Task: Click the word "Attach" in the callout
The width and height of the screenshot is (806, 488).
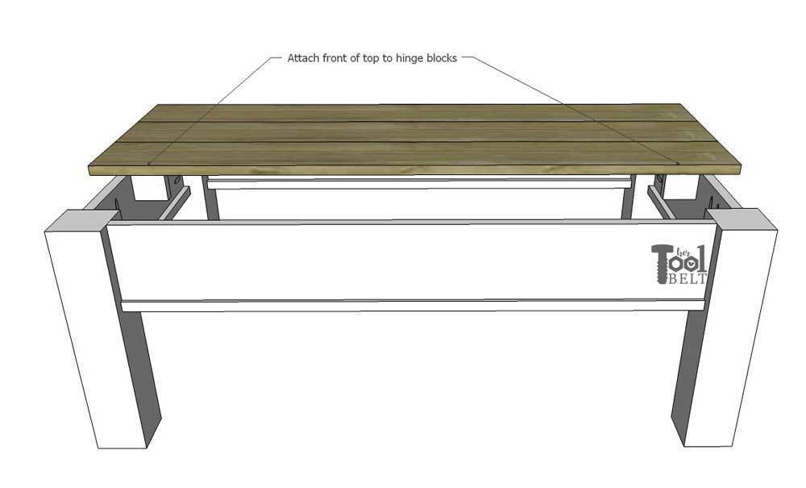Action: click(303, 58)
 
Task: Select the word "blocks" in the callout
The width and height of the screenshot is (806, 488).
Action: click(440, 58)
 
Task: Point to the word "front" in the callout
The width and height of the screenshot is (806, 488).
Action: click(334, 58)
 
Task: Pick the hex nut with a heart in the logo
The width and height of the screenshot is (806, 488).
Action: click(692, 263)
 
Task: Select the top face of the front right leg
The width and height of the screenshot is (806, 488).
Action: click(739, 219)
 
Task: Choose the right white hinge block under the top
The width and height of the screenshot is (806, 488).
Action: click(680, 188)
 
